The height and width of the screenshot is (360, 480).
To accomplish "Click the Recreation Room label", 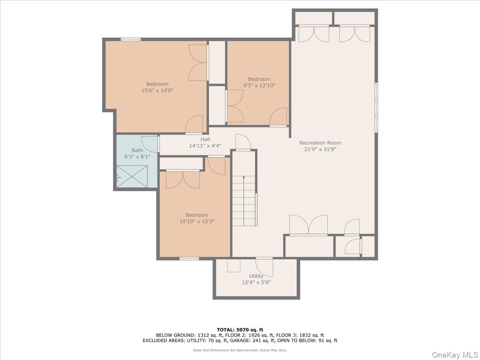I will tap(320, 143).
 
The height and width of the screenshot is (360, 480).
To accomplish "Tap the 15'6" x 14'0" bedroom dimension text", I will tap(157, 90).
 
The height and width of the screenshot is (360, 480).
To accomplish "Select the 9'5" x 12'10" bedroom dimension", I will tap(259, 86).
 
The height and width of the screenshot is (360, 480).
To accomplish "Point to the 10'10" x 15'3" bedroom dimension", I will tap(197, 221).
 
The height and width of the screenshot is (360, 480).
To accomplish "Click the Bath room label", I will tap(137, 150).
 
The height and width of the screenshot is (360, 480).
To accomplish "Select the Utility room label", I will tap(256, 276).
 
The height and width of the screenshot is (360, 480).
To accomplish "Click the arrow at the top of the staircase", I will tap(244, 177).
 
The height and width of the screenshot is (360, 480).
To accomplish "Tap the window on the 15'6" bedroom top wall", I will tap(131, 39).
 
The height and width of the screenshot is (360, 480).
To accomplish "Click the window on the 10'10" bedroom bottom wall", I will tap(189, 258).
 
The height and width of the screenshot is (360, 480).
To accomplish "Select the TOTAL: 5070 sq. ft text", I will tap(240, 330).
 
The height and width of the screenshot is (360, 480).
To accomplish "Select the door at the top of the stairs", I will tap(243, 142).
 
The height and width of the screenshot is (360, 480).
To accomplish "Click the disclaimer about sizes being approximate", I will tap(240, 350).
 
